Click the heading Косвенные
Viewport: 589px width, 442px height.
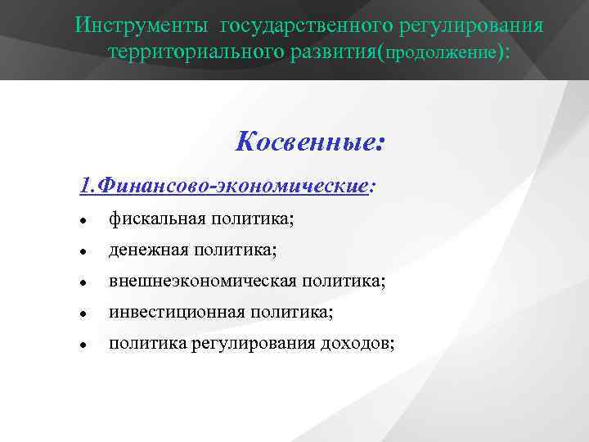[309, 142]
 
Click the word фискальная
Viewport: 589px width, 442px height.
[156, 219]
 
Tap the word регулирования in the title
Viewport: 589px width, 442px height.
[471, 24]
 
